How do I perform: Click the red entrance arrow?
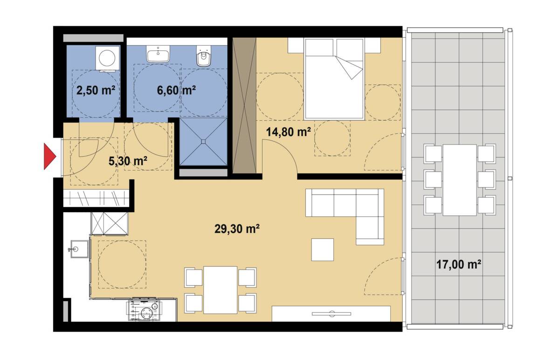click(49, 156)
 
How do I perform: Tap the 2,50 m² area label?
click(96, 90)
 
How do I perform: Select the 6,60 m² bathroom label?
click(176, 90)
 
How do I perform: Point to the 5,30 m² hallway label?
click(128, 161)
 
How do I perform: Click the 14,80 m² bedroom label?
click(288, 132)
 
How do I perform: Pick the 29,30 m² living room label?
click(237, 229)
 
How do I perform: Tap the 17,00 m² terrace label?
click(459, 264)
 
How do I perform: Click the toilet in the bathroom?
click(204, 56)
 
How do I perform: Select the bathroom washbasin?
click(158, 54)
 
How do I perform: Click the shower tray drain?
click(204, 141)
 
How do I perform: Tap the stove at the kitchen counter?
click(145, 309)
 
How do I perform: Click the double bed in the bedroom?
click(334, 78)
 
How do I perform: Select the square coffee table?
click(322, 249)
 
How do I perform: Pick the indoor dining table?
click(220, 290)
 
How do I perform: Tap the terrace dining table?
click(460, 180)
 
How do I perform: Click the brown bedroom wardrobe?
click(244, 105)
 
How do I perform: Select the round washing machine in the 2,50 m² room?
click(107, 58)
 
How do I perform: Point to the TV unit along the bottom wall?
click(331, 314)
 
